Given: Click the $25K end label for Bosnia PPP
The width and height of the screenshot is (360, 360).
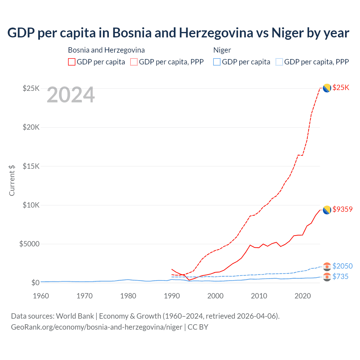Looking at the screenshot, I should [341, 88].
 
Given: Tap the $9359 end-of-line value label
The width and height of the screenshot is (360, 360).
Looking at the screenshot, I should [342, 209].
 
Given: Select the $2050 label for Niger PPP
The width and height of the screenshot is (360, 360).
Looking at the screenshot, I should [342, 266].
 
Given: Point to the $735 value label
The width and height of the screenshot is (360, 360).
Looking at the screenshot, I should [340, 277].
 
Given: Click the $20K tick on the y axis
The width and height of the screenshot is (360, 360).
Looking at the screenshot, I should [31, 127].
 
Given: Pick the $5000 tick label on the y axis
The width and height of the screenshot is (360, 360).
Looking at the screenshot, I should [30, 244].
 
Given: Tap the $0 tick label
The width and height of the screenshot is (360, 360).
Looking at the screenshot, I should [35, 283].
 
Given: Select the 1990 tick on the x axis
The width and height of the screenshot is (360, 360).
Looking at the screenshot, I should [172, 296].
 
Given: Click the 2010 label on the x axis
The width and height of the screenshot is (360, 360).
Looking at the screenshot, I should [259, 296].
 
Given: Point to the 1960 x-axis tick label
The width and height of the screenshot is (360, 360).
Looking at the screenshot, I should [41, 296].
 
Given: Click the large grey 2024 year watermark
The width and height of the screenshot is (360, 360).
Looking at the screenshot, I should [71, 95].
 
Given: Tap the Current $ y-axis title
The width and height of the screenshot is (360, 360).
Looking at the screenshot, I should [12, 180].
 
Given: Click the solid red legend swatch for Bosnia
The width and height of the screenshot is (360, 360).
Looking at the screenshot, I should [72, 62].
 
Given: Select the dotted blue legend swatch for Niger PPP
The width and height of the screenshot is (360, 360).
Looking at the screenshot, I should [279, 62].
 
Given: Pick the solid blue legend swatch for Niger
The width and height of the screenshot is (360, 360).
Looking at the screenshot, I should [217, 62].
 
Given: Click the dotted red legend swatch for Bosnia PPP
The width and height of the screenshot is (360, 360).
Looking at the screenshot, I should [134, 62].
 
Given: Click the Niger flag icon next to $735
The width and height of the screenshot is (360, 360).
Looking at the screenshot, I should [327, 277].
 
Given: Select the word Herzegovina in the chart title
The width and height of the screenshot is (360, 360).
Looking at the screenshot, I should [216, 33].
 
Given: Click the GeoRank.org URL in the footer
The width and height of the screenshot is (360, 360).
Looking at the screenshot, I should [97, 327].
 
